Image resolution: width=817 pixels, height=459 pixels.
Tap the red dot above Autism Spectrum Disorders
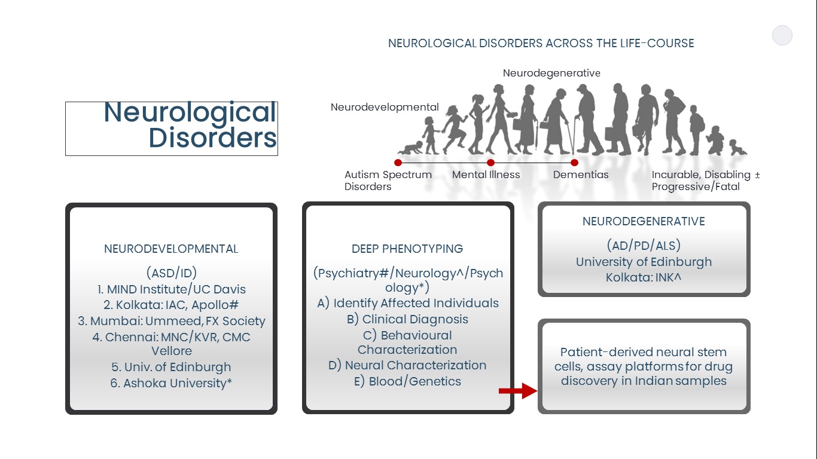click(398, 163)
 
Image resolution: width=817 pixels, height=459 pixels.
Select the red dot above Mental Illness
click(490, 163)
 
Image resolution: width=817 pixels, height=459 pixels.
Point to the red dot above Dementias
click(574, 163)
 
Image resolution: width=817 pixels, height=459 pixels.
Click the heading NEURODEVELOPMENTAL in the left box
click(171, 249)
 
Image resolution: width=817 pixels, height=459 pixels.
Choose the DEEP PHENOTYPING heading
click(407, 249)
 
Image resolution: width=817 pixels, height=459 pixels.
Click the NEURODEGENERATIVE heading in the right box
click(644, 222)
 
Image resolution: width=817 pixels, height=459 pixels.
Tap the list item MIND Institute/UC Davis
click(171, 289)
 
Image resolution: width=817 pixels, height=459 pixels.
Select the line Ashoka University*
click(171, 383)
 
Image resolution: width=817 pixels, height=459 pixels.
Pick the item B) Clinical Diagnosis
click(407, 319)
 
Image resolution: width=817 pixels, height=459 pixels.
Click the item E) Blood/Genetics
click(407, 381)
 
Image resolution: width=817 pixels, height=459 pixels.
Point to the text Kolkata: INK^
click(644, 278)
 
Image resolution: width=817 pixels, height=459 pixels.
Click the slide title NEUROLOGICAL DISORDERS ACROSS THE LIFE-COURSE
click(541, 44)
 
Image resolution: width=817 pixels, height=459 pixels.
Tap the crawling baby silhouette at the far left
click(411, 148)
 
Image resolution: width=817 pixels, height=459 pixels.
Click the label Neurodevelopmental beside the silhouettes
click(385, 108)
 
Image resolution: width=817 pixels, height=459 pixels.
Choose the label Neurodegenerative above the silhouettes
click(551, 73)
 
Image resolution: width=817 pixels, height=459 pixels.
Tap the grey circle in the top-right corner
click(782, 35)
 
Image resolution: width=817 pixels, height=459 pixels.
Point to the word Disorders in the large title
click(212, 138)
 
